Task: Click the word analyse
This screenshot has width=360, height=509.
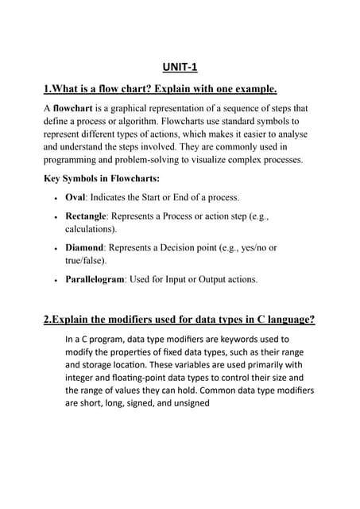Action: coord(284,134)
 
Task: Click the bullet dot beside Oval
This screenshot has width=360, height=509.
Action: coord(52,198)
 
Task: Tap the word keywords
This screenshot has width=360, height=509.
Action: coord(251,340)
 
